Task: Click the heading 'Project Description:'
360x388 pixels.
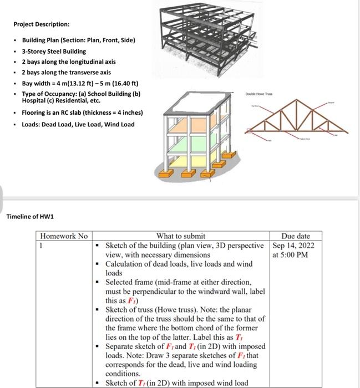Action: [42, 25]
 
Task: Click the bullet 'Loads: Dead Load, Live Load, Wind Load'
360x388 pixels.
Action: [78, 124]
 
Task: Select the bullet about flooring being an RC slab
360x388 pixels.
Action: [82, 113]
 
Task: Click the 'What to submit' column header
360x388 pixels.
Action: [181, 236]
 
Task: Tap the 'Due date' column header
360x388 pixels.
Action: [296, 236]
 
